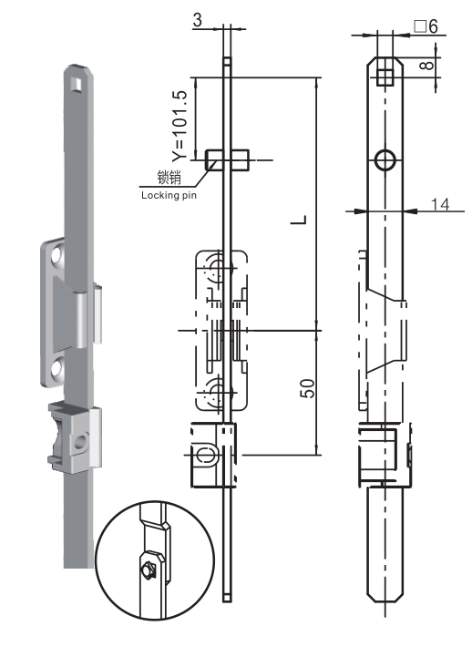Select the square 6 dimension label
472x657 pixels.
click(x=426, y=26)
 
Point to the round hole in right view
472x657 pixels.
click(x=385, y=160)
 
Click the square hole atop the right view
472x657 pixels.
click(x=385, y=74)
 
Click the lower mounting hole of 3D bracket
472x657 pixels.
click(x=56, y=367)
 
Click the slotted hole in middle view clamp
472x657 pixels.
click(x=206, y=453)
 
